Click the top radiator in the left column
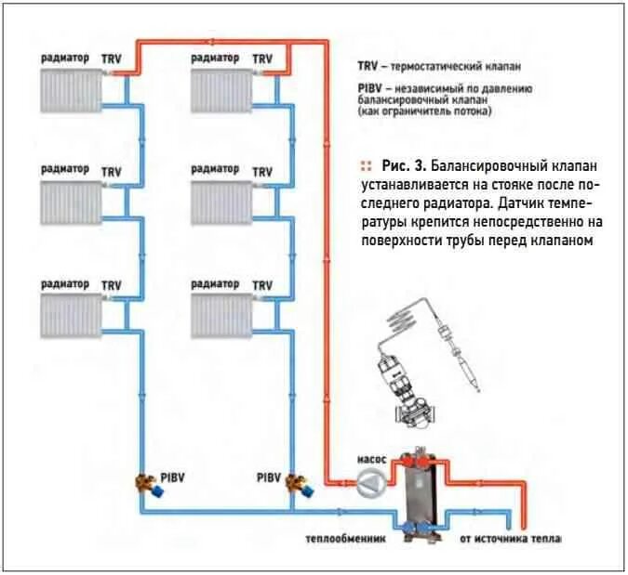70,91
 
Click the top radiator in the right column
220,91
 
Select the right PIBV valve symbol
298,484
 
